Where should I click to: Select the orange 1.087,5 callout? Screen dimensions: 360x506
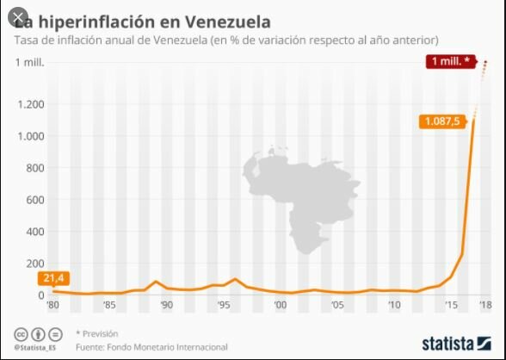tap(443, 121)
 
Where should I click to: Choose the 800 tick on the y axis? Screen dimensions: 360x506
tap(34, 168)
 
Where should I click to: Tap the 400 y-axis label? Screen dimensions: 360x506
tap(34, 232)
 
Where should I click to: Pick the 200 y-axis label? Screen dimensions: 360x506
tap(34, 264)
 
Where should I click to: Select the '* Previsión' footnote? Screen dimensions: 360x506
tap(97, 332)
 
